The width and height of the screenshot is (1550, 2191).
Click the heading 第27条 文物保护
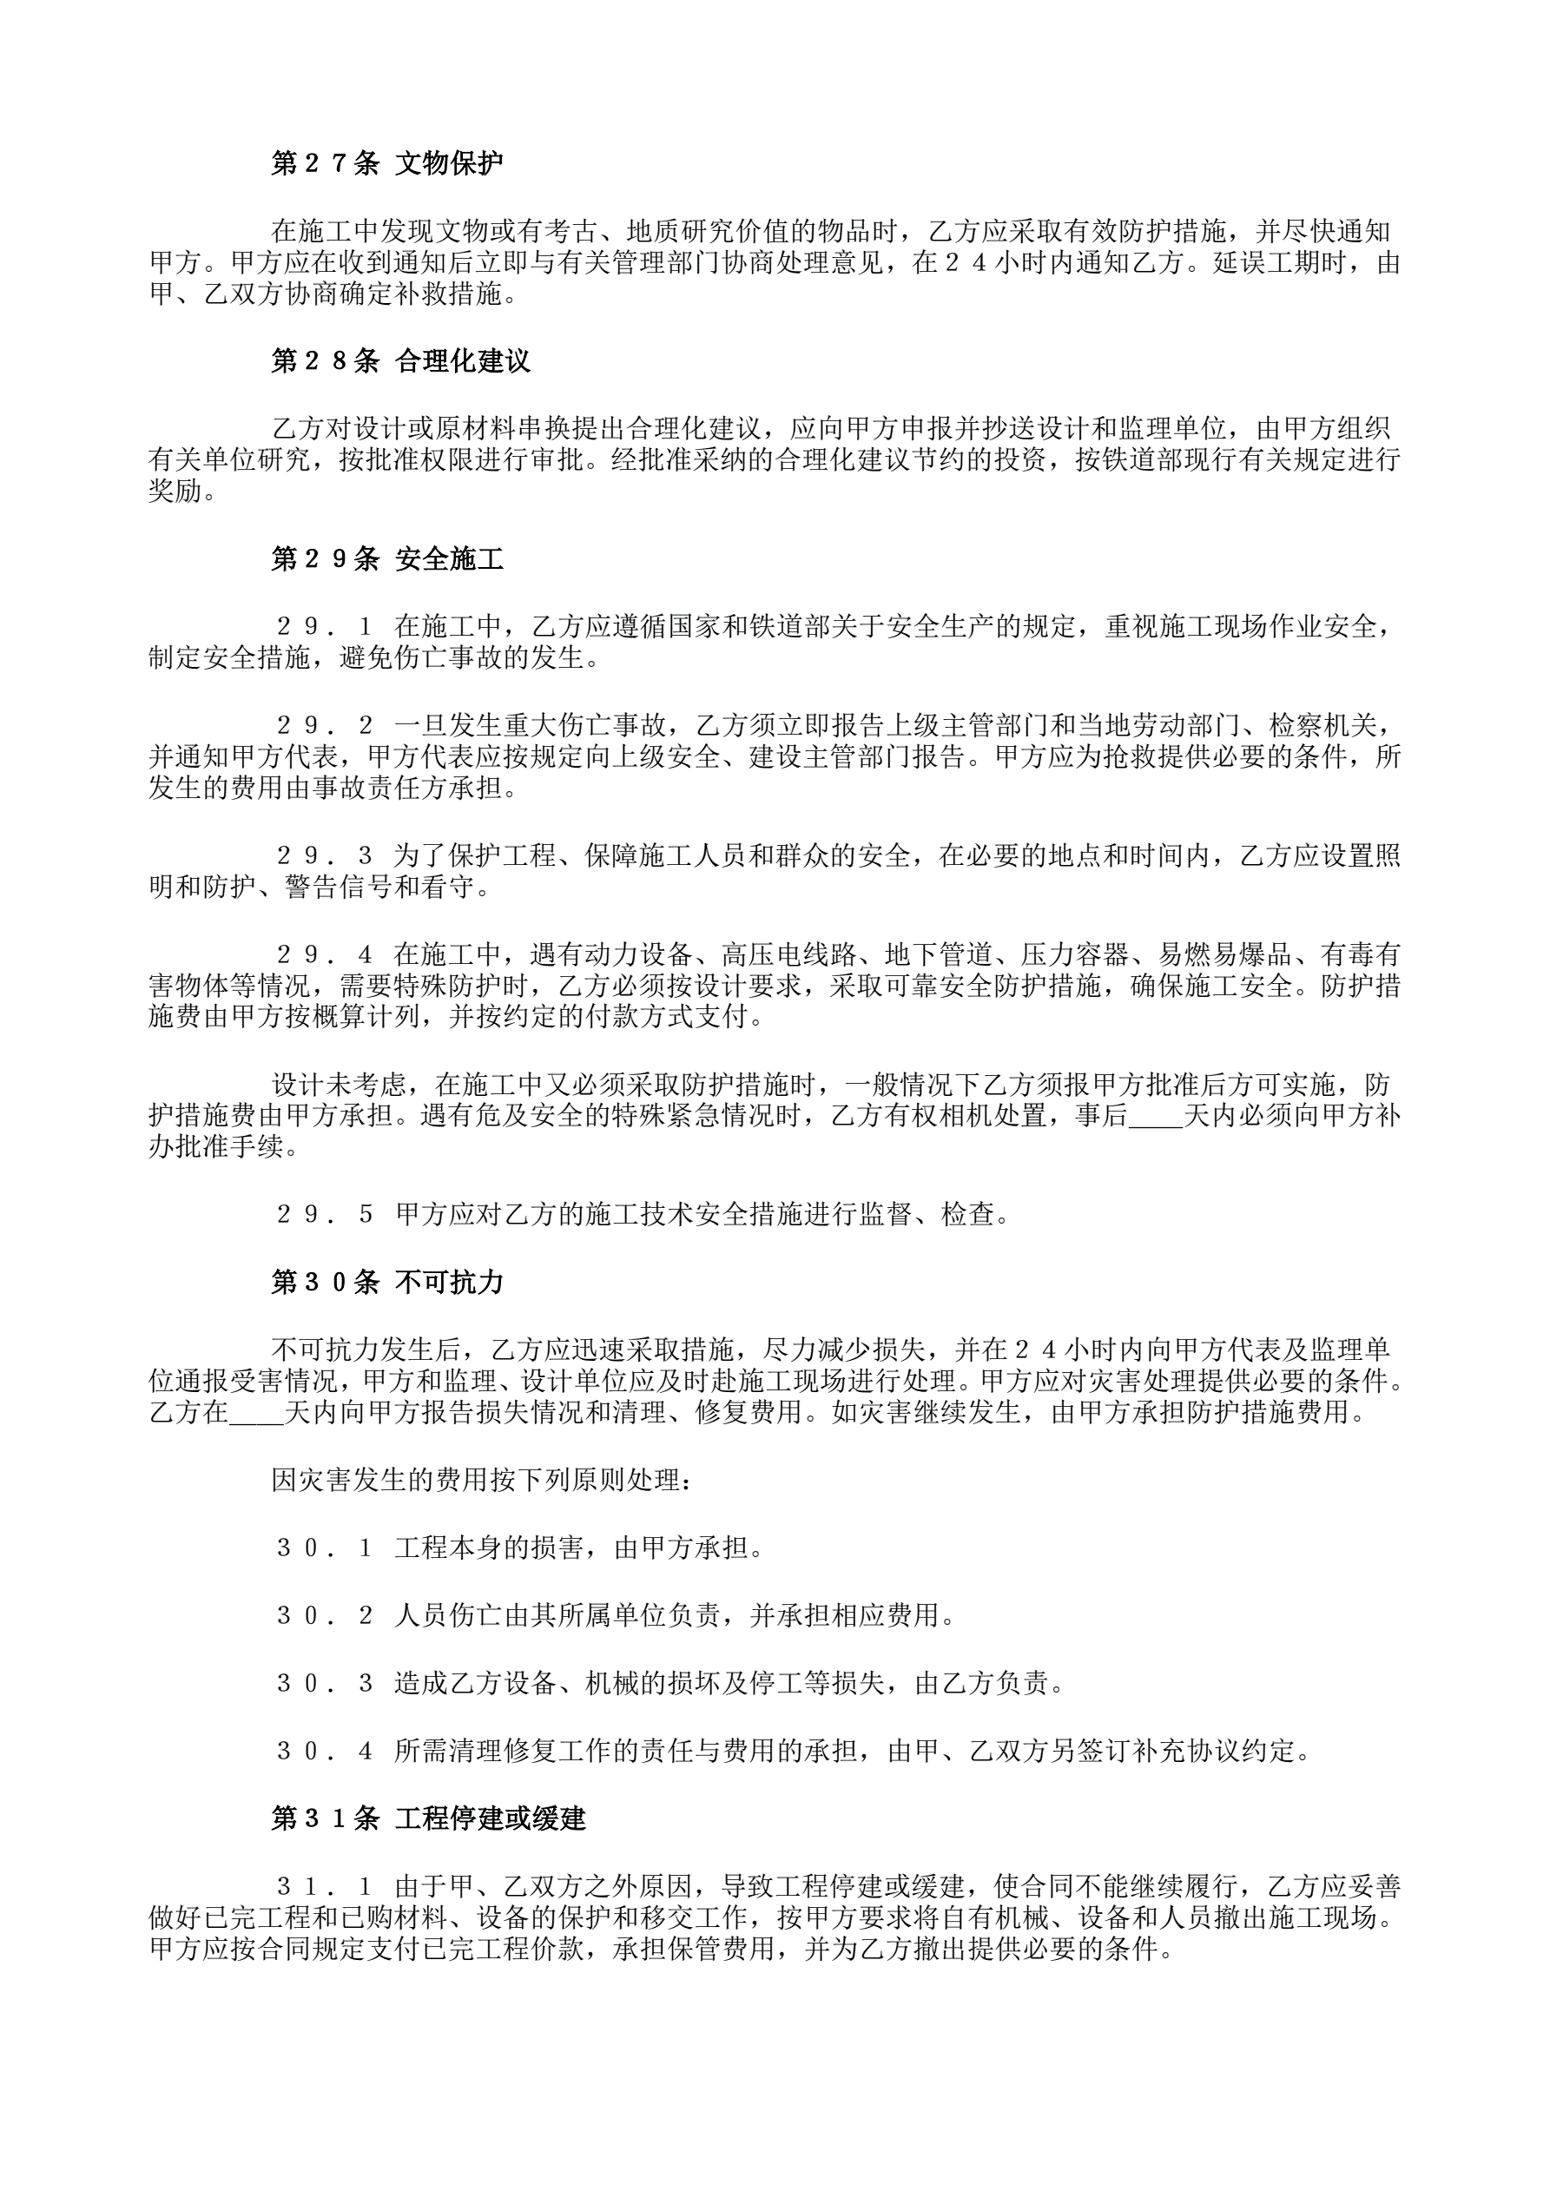pos(386,163)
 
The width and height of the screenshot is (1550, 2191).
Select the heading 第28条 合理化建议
pos(400,360)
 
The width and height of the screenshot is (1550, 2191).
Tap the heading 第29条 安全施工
pos(386,558)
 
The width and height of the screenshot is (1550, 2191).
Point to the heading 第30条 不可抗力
pos(386,1282)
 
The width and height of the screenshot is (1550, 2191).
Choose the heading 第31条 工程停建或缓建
pos(427,1818)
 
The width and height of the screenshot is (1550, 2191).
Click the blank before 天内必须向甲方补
pos(1155,1117)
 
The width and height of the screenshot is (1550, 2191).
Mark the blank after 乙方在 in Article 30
pos(256,1413)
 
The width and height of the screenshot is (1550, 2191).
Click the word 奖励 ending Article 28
pos(175,491)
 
